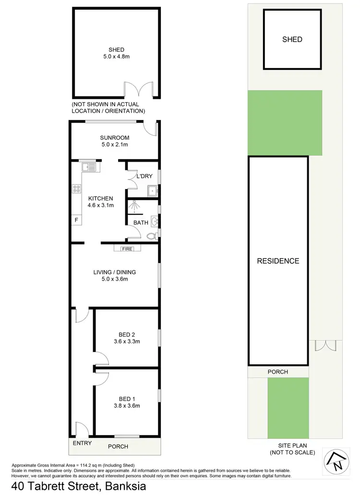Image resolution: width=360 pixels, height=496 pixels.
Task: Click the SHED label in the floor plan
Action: point(116,50)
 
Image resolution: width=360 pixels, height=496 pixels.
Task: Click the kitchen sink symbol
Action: point(89,167)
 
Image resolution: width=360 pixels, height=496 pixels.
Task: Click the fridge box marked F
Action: point(76,220)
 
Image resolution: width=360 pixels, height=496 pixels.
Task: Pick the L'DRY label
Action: point(144,177)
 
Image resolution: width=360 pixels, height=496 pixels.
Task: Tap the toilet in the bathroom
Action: point(152,236)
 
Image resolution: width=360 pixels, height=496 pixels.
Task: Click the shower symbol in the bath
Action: point(135,206)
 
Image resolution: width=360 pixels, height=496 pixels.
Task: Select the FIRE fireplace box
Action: point(127,248)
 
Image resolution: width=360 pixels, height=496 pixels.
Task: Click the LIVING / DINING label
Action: point(114,272)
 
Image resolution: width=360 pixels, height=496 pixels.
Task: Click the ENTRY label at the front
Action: point(82,443)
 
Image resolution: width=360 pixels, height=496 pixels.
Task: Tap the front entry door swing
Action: point(82,428)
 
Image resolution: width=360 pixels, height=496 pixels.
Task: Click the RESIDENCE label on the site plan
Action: point(278,261)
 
